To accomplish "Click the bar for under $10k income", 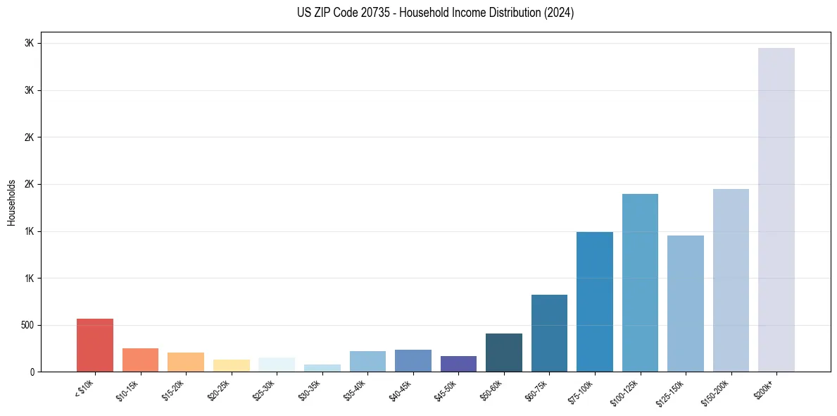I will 95,345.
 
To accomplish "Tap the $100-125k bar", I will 640,282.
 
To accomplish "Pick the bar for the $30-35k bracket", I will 322,368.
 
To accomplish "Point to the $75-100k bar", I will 595,302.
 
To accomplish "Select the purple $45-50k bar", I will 458,364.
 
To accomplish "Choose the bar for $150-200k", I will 731,280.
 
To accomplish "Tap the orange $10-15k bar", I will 140,360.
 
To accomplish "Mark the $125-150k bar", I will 686,303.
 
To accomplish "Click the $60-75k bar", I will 549,333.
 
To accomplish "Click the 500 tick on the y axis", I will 28,325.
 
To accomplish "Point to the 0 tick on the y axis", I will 32,372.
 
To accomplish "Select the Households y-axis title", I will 11,202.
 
